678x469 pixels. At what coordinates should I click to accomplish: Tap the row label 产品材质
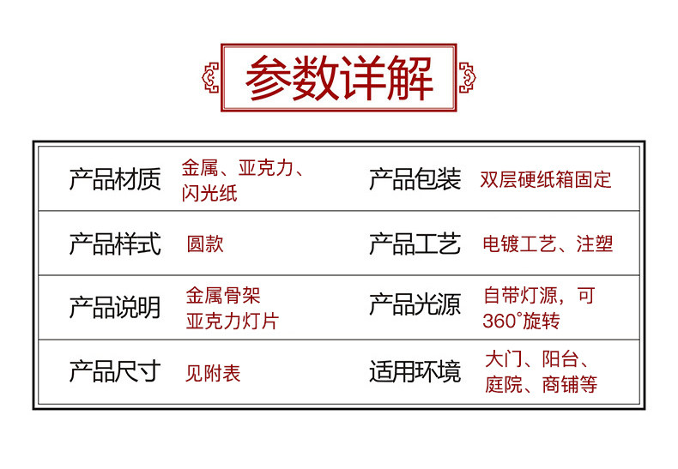coord(114,180)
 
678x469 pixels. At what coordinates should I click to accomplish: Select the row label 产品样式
coord(114,244)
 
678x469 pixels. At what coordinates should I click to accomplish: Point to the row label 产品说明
coord(114,307)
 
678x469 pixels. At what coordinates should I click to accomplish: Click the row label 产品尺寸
coord(114,371)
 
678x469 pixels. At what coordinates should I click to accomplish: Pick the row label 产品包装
coord(415,180)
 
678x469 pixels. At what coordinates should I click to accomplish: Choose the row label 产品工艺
coord(415,244)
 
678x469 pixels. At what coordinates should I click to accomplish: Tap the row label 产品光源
coord(415,307)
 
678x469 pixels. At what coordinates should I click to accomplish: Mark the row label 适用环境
coord(415,371)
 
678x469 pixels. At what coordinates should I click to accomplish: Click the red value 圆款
coord(205,244)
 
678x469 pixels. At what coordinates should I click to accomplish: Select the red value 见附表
coord(214,373)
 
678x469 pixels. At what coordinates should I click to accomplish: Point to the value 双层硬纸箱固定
coord(546,180)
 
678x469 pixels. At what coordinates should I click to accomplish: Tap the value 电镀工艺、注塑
coord(548,244)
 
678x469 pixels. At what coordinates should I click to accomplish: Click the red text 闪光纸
coord(209,194)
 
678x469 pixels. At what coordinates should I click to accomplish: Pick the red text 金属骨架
coord(223,297)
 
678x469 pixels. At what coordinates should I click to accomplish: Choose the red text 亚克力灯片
coord(233,322)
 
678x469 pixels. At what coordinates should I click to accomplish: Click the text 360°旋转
coord(522,322)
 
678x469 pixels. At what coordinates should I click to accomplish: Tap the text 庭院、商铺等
coord(541,385)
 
